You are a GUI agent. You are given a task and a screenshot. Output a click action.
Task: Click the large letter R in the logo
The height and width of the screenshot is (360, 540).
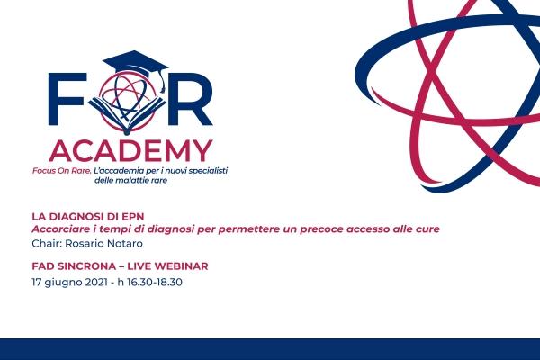coord(190,99)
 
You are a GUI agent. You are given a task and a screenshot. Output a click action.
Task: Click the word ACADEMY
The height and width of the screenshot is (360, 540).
coord(130,151)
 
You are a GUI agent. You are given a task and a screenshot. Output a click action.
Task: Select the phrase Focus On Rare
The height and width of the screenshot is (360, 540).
coord(62,171)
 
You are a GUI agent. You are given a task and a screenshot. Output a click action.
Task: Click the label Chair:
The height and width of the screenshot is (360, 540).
coord(47,244)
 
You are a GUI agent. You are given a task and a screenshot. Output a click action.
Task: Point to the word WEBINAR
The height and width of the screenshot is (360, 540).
coord(181,266)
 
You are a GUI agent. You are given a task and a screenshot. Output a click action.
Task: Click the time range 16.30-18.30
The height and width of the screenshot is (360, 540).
coord(155,282)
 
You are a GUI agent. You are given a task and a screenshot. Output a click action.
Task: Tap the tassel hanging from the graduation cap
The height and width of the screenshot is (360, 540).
coord(161,82)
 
